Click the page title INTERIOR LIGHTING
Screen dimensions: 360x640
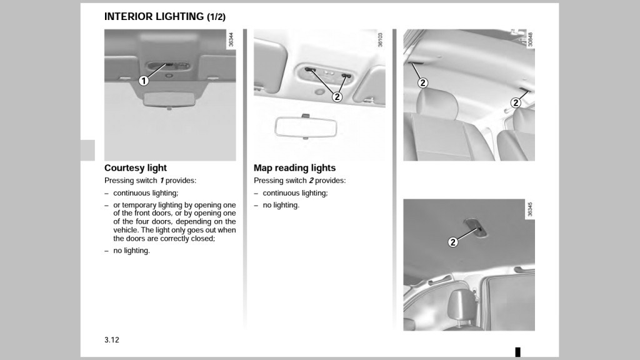[154, 17]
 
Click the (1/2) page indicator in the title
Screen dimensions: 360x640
[216, 17]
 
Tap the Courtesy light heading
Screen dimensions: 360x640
[136, 167]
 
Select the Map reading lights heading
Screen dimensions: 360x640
[294, 167]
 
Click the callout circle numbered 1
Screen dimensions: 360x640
[144, 80]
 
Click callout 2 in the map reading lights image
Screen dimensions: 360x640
[337, 96]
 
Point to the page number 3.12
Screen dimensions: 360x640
[112, 340]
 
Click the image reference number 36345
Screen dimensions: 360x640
[530, 209]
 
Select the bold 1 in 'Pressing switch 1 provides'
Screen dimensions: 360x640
[161, 181]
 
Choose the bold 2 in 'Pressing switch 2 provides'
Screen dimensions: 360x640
[311, 181]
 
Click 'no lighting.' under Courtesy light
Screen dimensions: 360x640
[131, 251]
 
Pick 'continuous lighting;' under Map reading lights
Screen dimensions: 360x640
[295, 193]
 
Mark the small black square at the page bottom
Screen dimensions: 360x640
[517, 352]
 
